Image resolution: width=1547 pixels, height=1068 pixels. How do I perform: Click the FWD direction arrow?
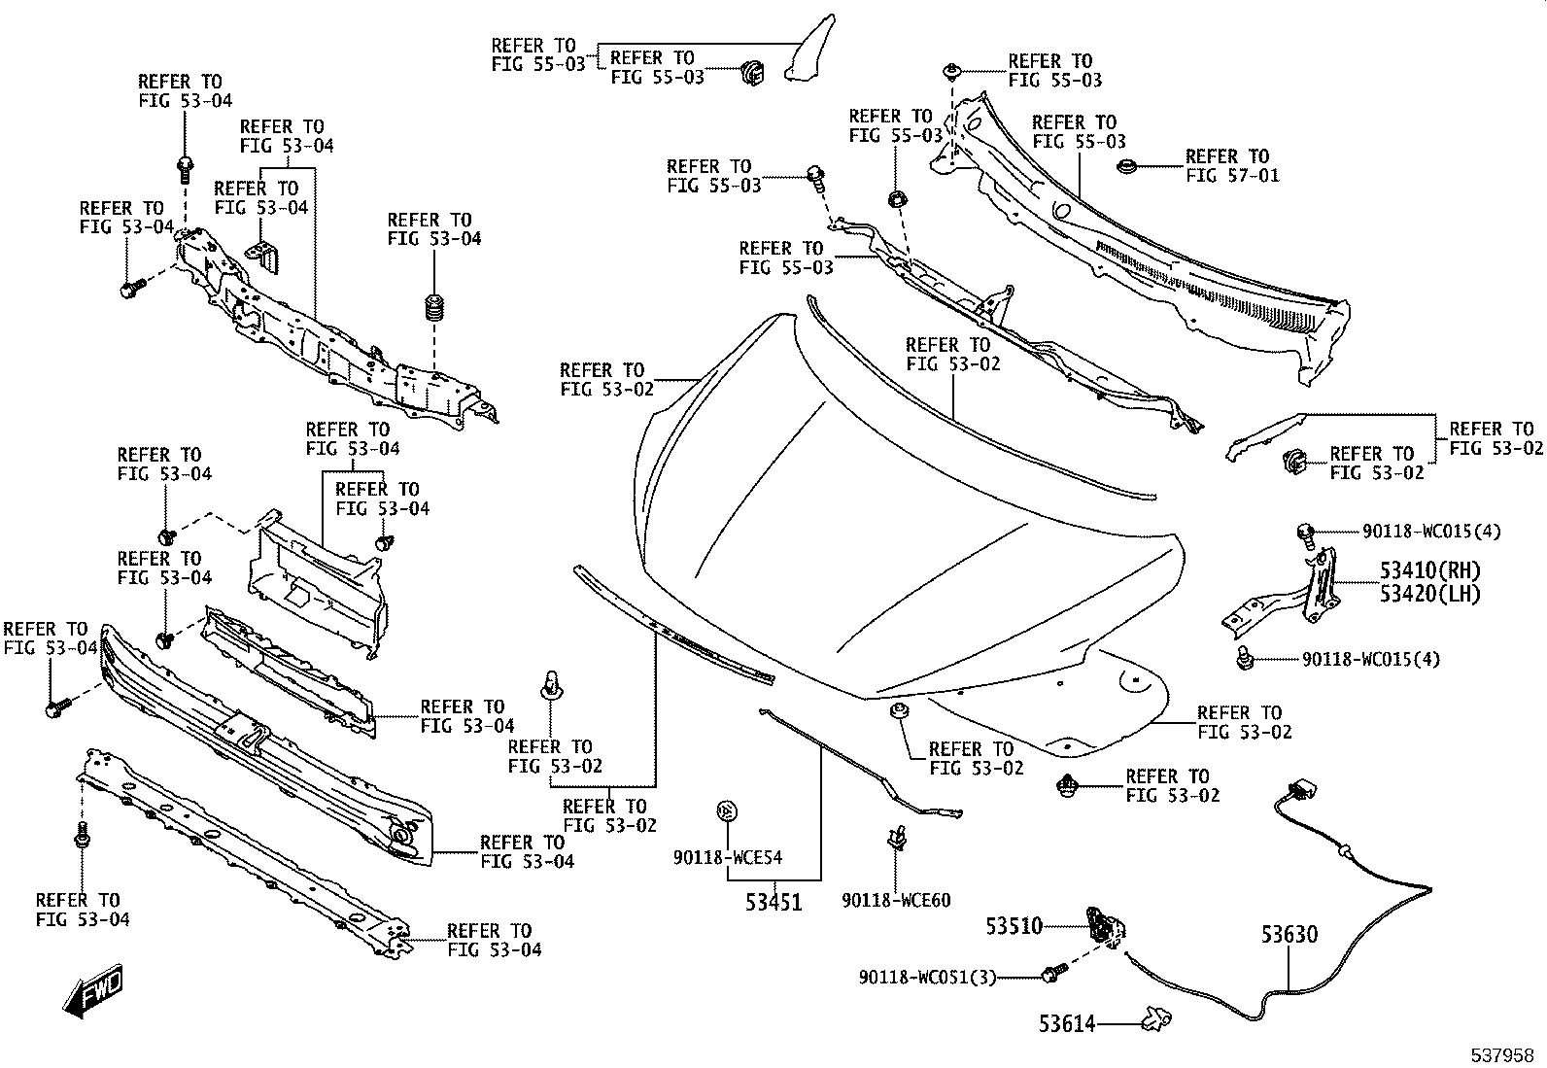click(92, 990)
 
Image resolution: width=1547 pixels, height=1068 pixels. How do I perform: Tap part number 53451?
click(773, 902)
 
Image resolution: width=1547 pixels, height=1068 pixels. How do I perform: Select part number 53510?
click(1014, 926)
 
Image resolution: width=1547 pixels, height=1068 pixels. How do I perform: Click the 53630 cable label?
click(1289, 934)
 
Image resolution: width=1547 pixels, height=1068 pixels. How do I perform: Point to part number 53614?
click(1067, 1023)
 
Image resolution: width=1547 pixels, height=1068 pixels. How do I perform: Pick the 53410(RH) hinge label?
click(1430, 570)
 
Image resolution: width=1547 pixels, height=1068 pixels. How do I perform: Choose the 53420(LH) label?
click(1430, 594)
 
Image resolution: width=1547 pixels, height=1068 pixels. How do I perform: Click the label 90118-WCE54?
click(728, 857)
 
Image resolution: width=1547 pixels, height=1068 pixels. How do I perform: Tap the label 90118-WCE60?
click(897, 900)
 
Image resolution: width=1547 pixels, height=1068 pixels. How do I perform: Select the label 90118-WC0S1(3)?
click(927, 978)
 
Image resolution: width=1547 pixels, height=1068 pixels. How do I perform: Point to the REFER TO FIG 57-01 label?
click(1233, 166)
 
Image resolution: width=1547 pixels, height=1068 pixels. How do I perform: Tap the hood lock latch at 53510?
click(1107, 928)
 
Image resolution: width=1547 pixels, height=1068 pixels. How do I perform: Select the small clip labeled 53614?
click(1156, 1019)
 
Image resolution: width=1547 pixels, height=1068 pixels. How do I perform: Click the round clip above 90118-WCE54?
click(727, 811)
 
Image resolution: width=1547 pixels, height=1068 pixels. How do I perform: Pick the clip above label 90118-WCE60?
click(897, 838)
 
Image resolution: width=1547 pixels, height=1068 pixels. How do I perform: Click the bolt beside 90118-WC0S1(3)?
click(1054, 974)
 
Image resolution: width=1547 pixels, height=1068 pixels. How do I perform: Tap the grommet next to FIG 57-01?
click(1127, 166)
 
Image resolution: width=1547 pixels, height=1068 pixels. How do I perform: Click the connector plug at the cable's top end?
click(1301, 790)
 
